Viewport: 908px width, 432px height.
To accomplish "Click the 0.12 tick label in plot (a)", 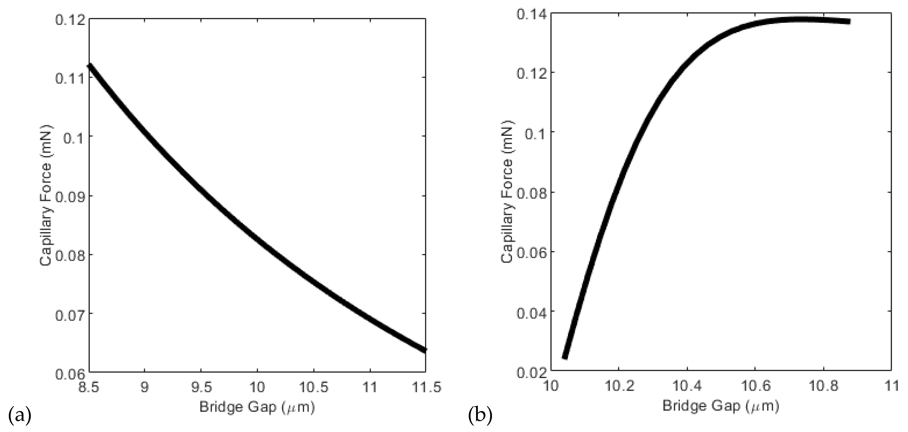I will click(70, 19).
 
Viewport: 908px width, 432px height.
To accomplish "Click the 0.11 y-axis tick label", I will click(70, 78).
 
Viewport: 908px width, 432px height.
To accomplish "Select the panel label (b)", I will click(480, 415).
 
